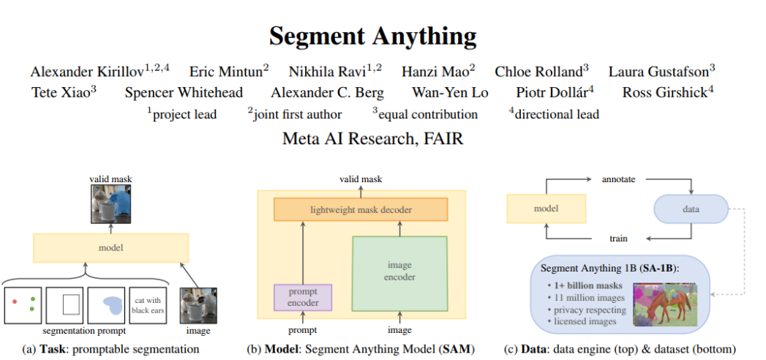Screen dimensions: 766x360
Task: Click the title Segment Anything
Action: (372, 36)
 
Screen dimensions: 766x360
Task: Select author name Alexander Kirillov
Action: (87, 72)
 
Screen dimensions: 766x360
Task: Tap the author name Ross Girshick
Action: (664, 93)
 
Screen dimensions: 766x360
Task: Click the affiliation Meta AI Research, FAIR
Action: (372, 139)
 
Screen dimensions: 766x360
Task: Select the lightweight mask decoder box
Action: (361, 209)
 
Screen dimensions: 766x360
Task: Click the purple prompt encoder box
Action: (303, 298)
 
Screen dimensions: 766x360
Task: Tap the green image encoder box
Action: (399, 273)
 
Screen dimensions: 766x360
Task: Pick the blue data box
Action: (691, 209)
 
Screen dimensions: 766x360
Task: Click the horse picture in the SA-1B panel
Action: (665, 305)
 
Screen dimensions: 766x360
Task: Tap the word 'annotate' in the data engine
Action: (618, 179)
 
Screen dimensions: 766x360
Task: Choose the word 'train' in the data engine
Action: (618, 239)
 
